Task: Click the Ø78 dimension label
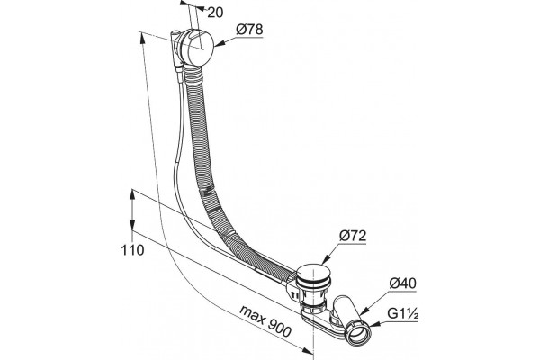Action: [249, 30]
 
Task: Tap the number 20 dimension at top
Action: [216, 13]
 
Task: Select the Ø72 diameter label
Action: [353, 236]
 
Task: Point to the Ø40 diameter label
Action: [402, 283]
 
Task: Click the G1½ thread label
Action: [403, 313]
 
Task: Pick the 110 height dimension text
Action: [132, 250]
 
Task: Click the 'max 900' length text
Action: [265, 321]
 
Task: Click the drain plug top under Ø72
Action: [314, 272]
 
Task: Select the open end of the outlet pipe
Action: [358, 332]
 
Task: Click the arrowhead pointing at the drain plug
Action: [325, 260]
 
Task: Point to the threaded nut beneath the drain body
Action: [312, 306]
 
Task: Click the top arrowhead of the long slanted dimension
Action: [141, 38]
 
